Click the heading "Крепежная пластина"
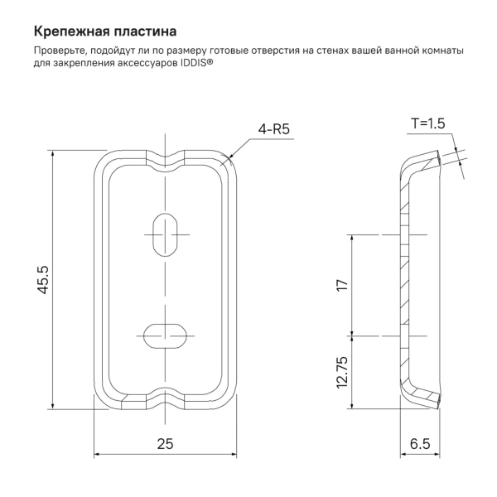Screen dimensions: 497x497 click(104, 33)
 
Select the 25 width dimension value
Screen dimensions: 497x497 click(165, 444)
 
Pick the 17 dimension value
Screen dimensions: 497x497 click(340, 286)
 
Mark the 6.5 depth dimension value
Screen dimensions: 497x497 click(419, 444)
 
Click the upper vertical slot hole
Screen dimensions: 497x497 click(166, 235)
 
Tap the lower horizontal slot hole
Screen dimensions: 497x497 click(166, 335)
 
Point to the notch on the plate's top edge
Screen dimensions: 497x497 click(166, 156)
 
